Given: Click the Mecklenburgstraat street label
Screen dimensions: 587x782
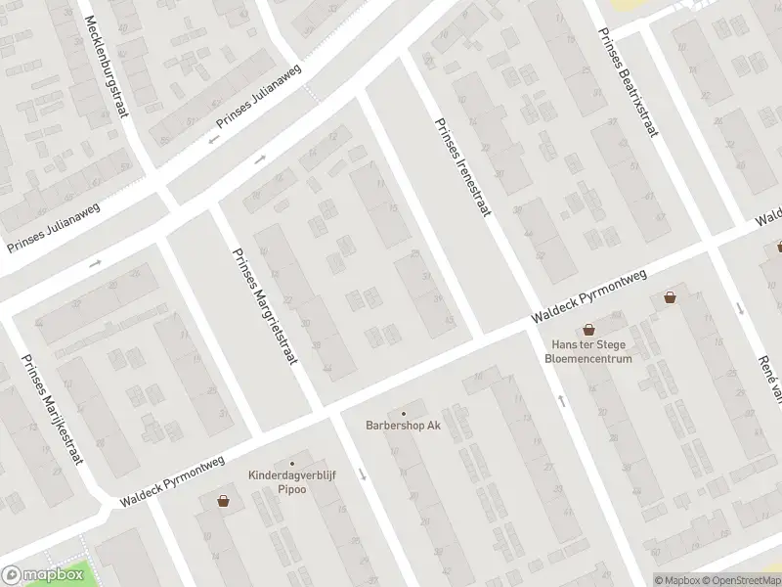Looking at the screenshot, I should (107, 66).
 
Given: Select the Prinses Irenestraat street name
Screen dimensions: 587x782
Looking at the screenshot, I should (461, 168).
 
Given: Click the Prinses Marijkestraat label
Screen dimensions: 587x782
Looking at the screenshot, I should (53, 408).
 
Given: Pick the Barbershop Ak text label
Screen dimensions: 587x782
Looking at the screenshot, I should (404, 426).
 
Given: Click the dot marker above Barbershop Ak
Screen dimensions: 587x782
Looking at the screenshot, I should (404, 413).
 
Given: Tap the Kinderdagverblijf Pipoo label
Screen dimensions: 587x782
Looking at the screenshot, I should (291, 481).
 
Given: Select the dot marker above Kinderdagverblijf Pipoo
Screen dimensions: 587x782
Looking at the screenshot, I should (291, 464).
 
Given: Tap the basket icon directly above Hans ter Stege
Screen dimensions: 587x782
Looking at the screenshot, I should (588, 330).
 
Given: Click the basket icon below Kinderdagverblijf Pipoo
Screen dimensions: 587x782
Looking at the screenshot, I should (224, 501).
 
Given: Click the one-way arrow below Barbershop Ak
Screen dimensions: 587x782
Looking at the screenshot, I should (362, 474).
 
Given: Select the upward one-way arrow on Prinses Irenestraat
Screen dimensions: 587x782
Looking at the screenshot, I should (561, 400).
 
